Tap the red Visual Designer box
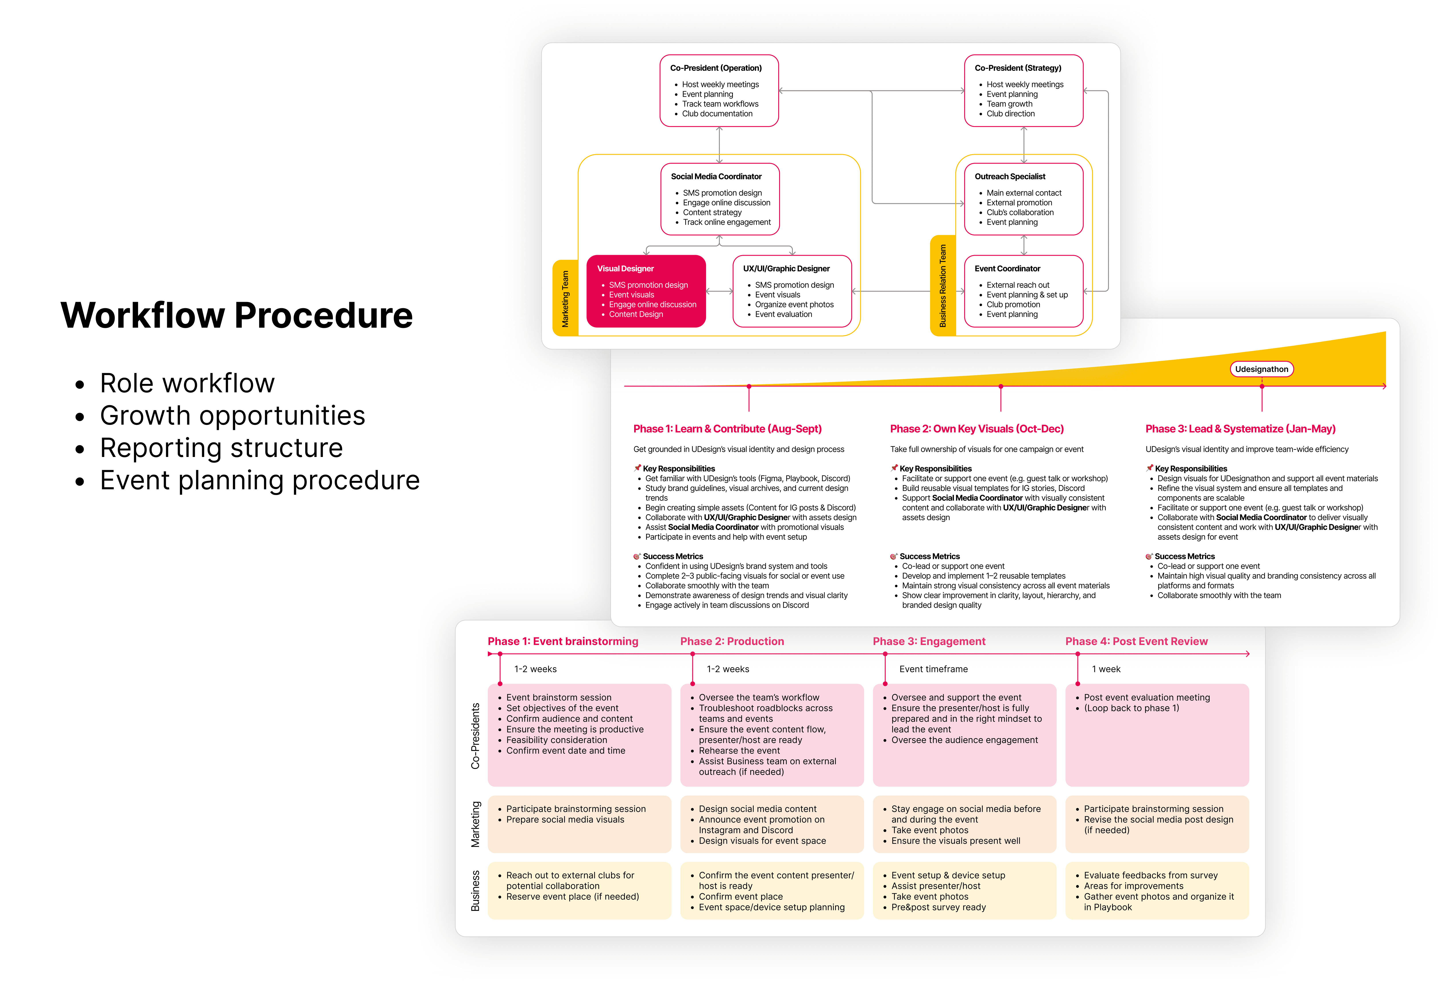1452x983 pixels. tap(646, 291)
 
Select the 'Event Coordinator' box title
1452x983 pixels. tap(1007, 269)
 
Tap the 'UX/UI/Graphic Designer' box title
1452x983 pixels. tap(786, 269)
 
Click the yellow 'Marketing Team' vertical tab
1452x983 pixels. tap(566, 299)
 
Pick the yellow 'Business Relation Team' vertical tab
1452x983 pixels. tap(943, 286)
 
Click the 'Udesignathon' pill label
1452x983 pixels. tap(1261, 369)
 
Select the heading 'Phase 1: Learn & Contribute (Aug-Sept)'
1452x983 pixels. tap(727, 429)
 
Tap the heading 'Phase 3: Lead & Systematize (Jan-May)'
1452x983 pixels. tap(1240, 429)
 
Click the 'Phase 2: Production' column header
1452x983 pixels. tap(732, 641)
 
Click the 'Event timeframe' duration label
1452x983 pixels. tap(933, 669)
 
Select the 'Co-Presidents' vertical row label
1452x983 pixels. tap(475, 736)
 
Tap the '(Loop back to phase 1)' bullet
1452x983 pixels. tap(1131, 708)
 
